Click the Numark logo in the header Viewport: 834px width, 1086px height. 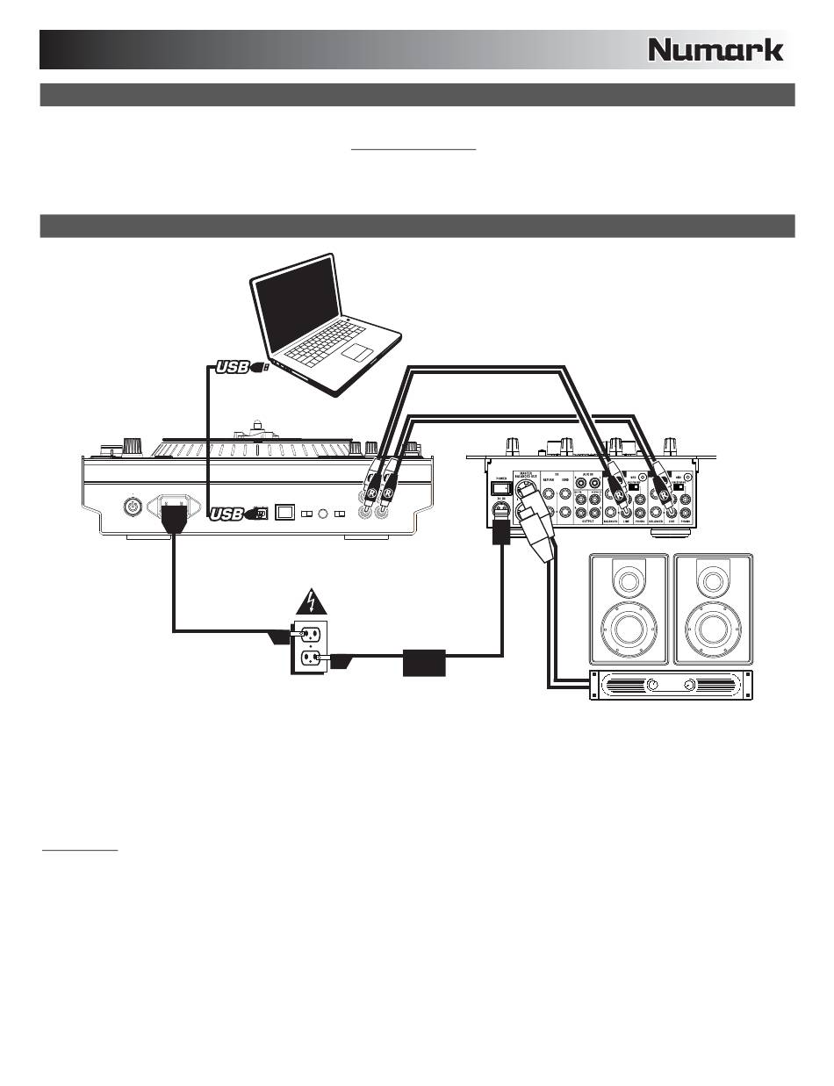pos(715,50)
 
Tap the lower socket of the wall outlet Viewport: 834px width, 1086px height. pos(310,657)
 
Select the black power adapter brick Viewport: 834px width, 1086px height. pos(425,662)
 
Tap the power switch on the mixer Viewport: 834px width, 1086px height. pos(500,487)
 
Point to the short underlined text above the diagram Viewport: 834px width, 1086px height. pos(413,149)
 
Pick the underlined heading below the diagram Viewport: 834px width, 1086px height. pos(81,850)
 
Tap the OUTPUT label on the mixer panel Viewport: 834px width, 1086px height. pos(590,520)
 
